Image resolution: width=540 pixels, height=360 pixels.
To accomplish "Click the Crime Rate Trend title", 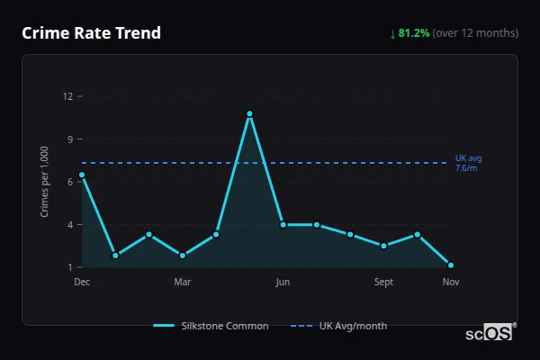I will click(91, 33).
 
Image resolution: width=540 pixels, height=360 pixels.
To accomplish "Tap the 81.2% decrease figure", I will click(414, 33).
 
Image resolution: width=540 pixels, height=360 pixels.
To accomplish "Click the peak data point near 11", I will click(249, 113).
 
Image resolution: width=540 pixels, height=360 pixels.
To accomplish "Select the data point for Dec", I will click(82, 175).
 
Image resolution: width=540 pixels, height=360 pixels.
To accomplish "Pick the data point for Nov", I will click(451, 265).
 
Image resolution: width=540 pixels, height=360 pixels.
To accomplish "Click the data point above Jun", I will click(283, 224).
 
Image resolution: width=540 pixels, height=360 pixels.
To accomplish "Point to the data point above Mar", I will click(183, 256).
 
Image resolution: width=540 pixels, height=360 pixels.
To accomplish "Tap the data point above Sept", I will click(383, 246).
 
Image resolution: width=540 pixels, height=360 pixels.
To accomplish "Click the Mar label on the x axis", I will click(183, 282).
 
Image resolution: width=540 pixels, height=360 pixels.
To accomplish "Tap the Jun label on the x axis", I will click(283, 282).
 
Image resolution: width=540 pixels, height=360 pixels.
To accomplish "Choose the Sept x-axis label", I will click(383, 282).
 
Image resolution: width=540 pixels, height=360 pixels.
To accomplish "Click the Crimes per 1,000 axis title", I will click(45, 181).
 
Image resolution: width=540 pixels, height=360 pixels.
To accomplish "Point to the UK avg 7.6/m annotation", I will click(468, 163).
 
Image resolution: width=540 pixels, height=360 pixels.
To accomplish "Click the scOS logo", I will click(490, 332).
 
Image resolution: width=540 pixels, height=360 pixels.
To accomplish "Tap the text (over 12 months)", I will click(475, 33).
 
